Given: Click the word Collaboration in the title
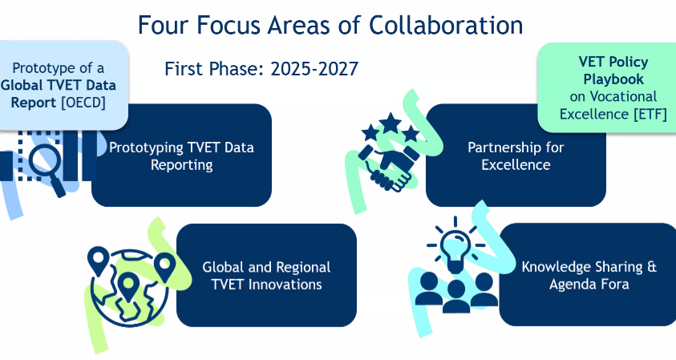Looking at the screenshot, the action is [446, 25].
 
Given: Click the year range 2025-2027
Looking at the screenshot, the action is [314, 69].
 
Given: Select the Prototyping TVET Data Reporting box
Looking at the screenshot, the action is [181, 156].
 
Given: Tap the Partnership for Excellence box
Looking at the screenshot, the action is [516, 156].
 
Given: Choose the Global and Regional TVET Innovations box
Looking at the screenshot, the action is [266, 275].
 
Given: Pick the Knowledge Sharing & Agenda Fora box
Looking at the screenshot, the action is [588, 275].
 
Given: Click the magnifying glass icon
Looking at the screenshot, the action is [47, 168].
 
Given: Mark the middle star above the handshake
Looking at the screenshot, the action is [391, 123].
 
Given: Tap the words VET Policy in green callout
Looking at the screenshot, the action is [613, 62].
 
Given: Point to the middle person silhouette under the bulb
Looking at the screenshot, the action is [455, 296].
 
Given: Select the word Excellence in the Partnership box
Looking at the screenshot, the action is [516, 164].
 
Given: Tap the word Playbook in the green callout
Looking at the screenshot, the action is [613, 79].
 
